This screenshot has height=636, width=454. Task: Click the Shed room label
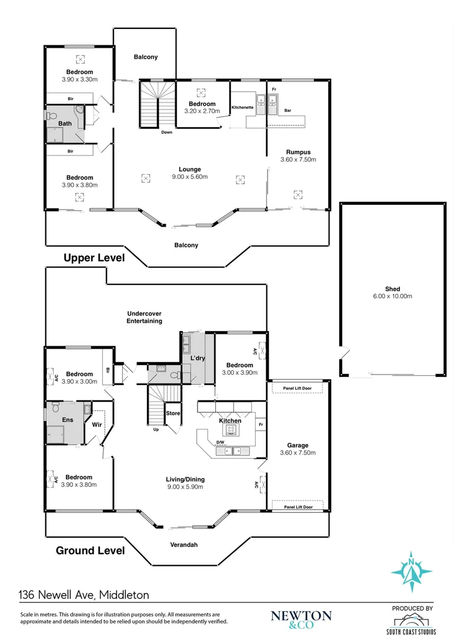coord(393,289)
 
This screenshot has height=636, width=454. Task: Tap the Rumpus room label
coord(298,152)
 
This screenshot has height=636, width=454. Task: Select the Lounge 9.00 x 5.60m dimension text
coord(190,177)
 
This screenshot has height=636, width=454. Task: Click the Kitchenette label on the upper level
coord(242,108)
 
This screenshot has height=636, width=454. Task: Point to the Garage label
coord(298,445)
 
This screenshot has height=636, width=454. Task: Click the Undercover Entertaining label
coord(144,317)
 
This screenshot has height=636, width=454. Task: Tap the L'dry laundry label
coord(196,358)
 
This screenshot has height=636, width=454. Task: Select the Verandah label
coord(184,545)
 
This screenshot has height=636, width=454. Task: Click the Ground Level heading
coord(90,551)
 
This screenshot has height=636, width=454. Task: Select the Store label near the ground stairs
coord(173,413)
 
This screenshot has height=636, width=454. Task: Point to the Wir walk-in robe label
coord(96,423)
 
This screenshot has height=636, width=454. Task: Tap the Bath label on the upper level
coord(65,123)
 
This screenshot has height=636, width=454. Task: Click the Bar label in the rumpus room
coord(288,110)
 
